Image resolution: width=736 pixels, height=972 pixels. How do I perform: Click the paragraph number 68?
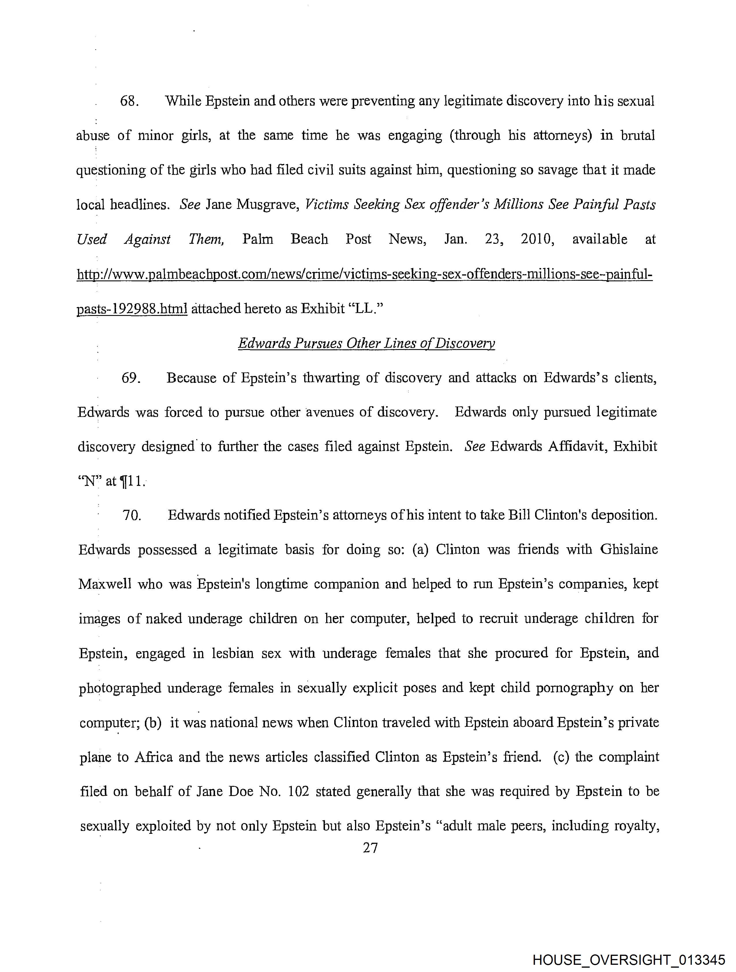pyautogui.click(x=130, y=102)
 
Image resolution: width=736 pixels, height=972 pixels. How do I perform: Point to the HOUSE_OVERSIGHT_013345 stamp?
pyautogui.click(x=629, y=960)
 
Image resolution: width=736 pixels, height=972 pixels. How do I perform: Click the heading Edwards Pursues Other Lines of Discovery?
pyautogui.click(x=366, y=343)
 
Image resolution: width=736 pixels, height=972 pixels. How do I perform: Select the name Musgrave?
pyautogui.click(x=266, y=205)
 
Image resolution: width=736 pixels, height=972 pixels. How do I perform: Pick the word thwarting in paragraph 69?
pyautogui.click(x=332, y=378)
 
